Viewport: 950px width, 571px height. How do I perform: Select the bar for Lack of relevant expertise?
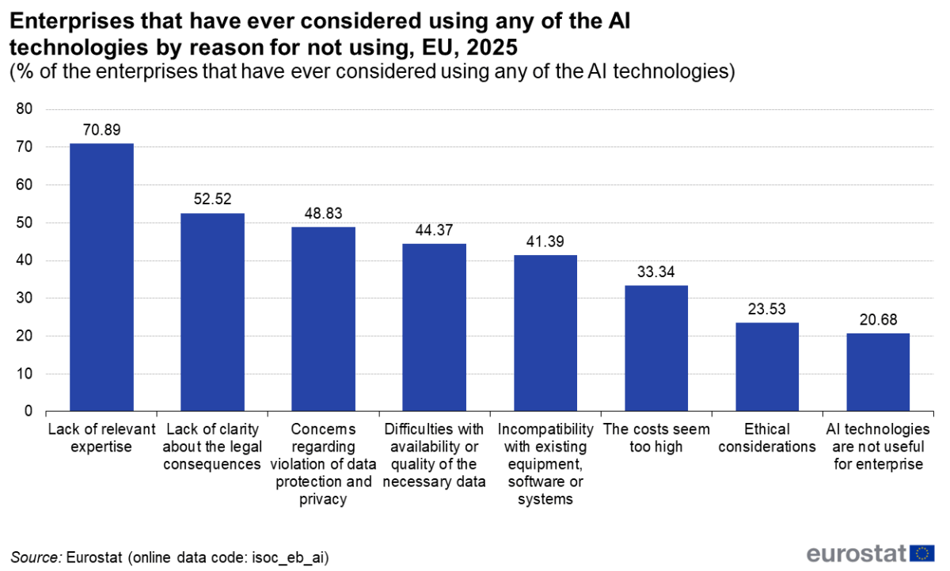coord(101,277)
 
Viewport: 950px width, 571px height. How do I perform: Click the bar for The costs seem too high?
coord(656,348)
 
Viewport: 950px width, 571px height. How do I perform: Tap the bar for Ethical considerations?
coord(767,367)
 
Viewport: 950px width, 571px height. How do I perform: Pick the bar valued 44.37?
coord(435,327)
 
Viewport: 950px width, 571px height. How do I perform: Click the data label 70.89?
coord(101,130)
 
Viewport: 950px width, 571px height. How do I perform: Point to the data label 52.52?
coord(212,199)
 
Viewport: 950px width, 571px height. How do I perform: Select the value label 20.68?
coord(878,319)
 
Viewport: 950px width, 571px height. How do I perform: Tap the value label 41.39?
coord(545,241)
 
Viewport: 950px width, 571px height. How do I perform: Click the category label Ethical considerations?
coord(767,438)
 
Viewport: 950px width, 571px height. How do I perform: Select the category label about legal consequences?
coord(212,447)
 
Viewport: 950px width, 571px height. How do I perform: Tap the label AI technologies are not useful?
coord(878,447)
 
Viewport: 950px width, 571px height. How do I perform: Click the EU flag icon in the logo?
coord(922,553)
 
